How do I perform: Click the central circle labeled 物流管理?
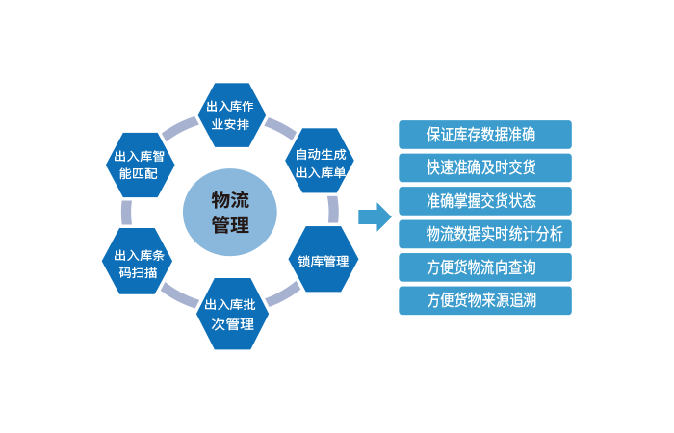[229, 213]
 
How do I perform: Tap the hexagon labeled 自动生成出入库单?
[320, 163]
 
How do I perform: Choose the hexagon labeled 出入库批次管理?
[230, 314]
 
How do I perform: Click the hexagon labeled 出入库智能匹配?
[141, 165]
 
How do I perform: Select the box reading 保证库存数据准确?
[485, 133]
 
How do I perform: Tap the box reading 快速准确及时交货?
[485, 166]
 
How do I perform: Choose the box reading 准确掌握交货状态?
[485, 200]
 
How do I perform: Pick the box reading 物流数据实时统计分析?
[485, 234]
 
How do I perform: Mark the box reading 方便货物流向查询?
[485, 267]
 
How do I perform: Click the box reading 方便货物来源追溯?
[485, 300]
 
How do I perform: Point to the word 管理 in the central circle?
[229, 227]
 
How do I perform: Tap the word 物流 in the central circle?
[229, 199]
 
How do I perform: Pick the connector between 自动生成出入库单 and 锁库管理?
[333, 211]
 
